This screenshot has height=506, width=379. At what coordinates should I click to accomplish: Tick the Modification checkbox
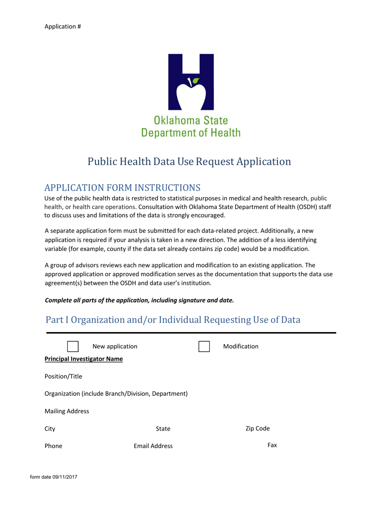(204, 347)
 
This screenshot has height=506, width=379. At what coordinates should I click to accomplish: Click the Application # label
(63, 26)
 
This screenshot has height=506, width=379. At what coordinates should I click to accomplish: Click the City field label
(50, 429)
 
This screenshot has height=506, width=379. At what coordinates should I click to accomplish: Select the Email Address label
(153, 446)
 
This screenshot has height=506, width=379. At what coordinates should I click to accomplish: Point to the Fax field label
(272, 445)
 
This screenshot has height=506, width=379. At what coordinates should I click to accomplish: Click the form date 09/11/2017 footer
(53, 478)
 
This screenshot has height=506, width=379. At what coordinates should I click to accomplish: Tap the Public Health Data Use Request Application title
(189, 162)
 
